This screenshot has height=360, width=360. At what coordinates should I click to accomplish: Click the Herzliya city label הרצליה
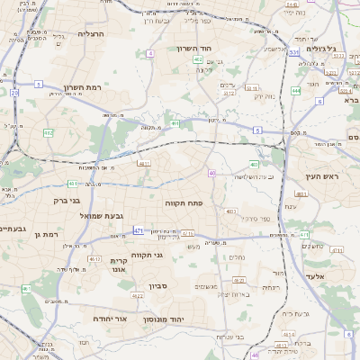point(91,33)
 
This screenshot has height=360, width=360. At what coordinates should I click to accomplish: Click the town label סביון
point(134,293)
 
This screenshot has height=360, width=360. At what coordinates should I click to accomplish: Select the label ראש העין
point(319,177)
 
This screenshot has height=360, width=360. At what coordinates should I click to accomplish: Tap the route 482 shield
point(49,133)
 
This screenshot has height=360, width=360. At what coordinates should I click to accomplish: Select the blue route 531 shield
point(293,53)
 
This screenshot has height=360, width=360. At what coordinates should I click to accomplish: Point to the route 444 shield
point(296,91)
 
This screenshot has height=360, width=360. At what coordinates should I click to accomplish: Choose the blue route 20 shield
point(14,93)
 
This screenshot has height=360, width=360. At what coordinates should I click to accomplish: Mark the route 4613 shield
point(287,335)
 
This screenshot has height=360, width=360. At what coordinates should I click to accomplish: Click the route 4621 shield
point(301,194)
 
